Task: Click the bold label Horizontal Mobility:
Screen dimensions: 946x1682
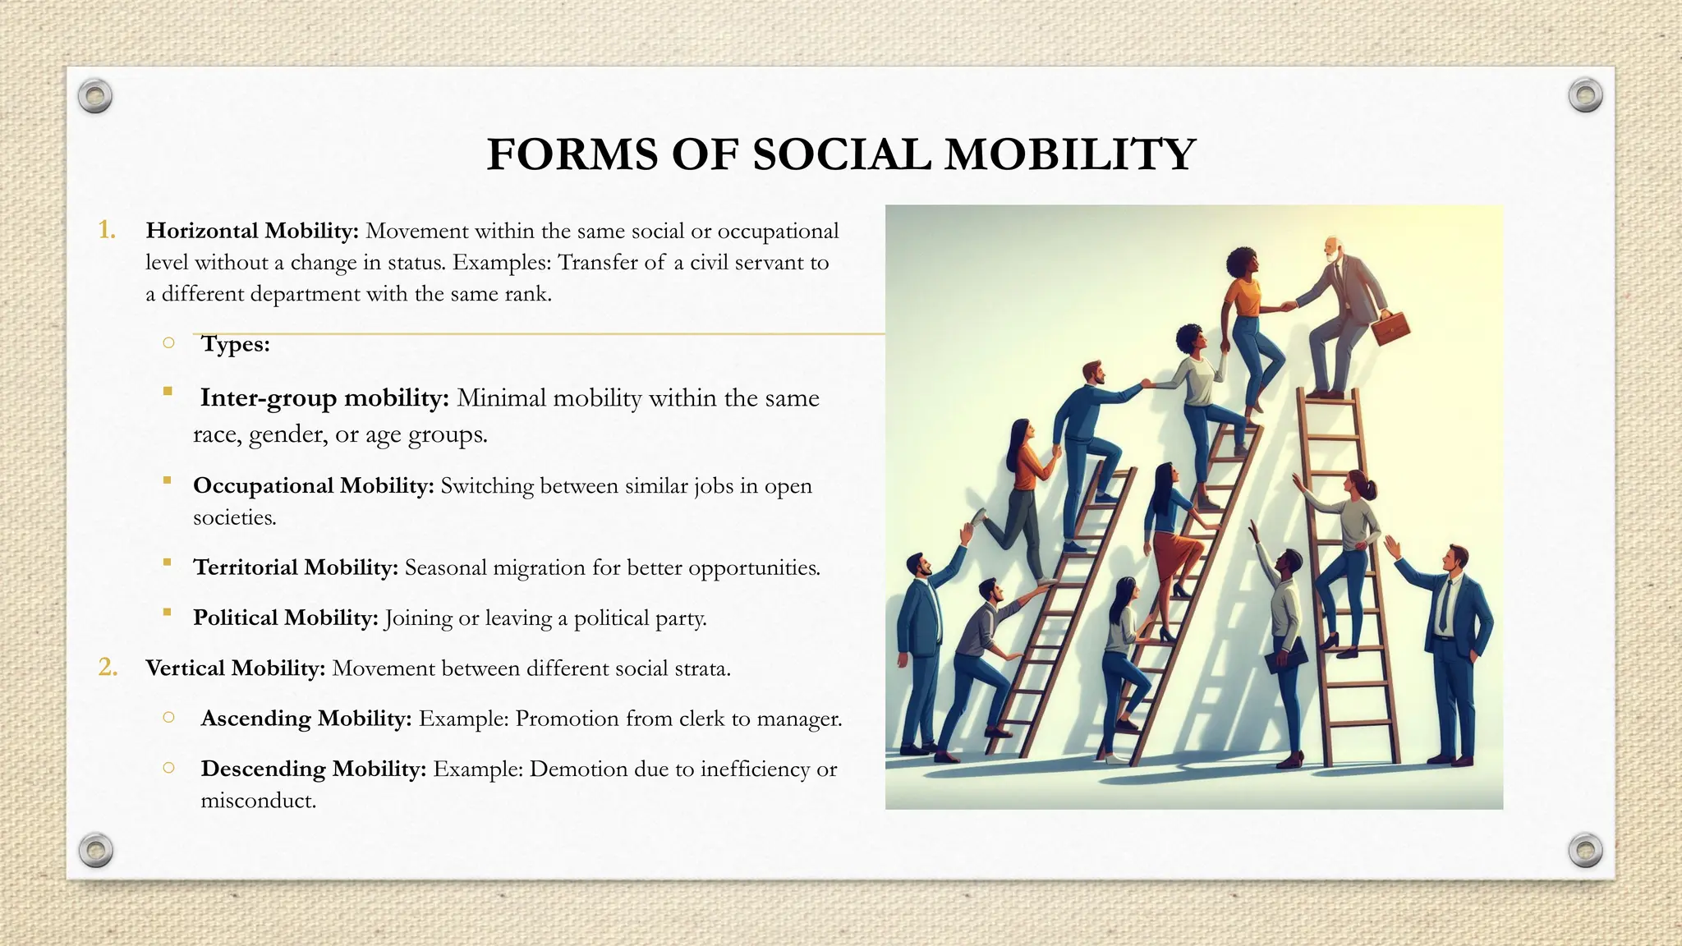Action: click(x=252, y=231)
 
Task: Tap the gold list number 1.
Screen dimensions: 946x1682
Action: click(x=107, y=230)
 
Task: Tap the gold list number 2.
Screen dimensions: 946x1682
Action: click(x=108, y=668)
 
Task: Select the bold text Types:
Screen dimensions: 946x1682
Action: click(x=236, y=344)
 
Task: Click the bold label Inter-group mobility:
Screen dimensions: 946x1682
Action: click(x=324, y=398)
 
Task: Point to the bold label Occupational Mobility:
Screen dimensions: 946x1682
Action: click(x=313, y=486)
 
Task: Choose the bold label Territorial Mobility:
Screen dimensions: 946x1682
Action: click(x=296, y=567)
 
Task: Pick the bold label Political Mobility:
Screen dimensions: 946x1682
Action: click(x=285, y=618)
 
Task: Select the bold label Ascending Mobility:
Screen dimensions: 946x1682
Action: click(x=306, y=719)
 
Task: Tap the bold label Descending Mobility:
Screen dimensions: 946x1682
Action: click(x=313, y=769)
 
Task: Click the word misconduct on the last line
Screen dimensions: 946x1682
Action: click(x=257, y=801)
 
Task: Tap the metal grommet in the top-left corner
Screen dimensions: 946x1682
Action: click(x=95, y=97)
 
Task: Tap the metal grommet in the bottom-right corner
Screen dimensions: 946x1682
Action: click(x=1585, y=850)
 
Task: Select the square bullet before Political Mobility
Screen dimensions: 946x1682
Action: click(x=168, y=612)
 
